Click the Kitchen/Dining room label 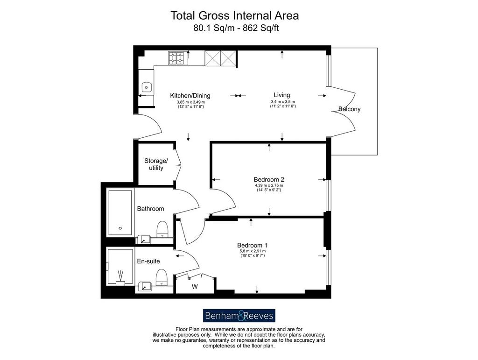pos(190,96)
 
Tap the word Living pos(281,95)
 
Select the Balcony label pos(349,109)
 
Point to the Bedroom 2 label pos(269,180)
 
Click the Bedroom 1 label pos(252,245)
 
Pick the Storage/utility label pos(156,164)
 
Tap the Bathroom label pos(151,209)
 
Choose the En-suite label pos(148,261)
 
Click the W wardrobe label pos(195,287)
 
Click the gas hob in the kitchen pos(176,58)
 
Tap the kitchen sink pos(147,87)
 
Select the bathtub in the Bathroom pos(120,212)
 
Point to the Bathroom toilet pos(162,229)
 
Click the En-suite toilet pos(161,277)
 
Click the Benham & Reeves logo pos(239,316)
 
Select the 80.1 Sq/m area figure pos(214,28)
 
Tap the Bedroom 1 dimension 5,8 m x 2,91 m pos(253,251)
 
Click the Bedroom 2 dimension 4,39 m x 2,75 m pos(269,185)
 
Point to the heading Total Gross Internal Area pos(234,15)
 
